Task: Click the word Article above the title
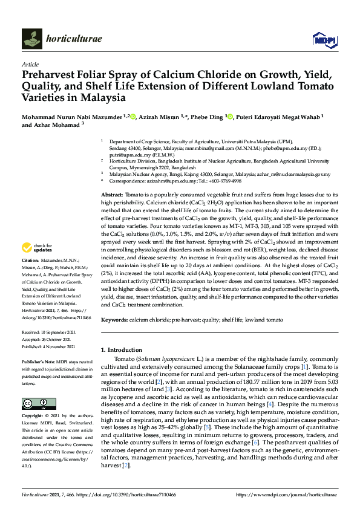tap(30, 63)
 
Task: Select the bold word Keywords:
tap(114, 318)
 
